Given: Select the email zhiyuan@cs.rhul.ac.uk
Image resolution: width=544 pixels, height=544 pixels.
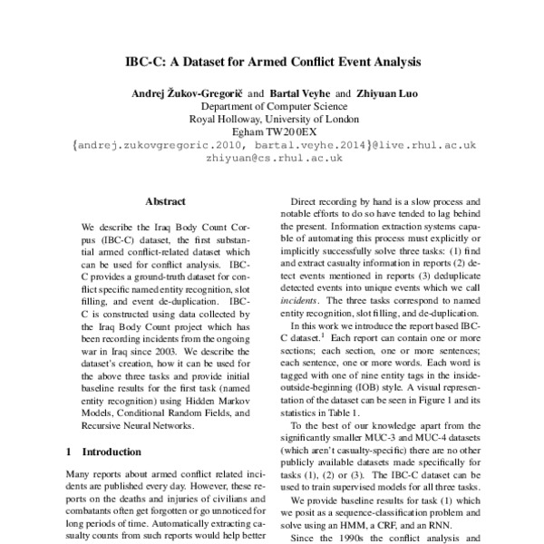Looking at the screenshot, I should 272,156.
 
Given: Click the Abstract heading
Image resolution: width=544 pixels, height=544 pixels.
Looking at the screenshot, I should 164,201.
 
